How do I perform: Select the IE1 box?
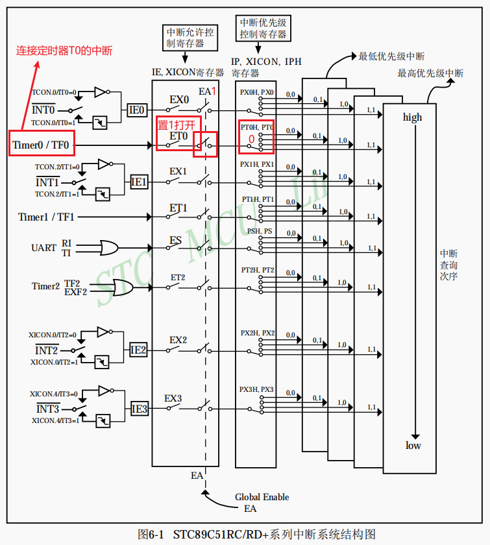click(x=139, y=182)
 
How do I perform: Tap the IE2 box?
click(x=138, y=350)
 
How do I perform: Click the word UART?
click(x=43, y=248)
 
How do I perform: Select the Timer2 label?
click(x=45, y=286)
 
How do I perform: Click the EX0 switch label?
click(x=179, y=100)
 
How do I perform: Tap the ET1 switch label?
click(x=178, y=208)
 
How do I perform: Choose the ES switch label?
click(x=176, y=241)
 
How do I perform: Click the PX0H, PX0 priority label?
click(x=257, y=93)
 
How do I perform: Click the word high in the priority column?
click(x=412, y=117)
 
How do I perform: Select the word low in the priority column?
click(x=413, y=446)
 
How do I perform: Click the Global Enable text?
click(x=262, y=497)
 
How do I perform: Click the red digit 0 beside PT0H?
click(x=251, y=139)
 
